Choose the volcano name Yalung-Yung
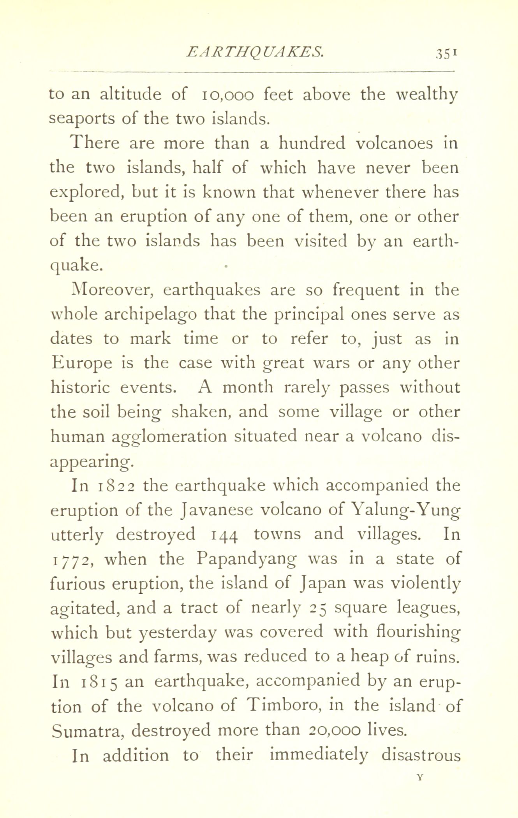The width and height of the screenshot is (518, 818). pyautogui.click(x=405, y=510)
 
